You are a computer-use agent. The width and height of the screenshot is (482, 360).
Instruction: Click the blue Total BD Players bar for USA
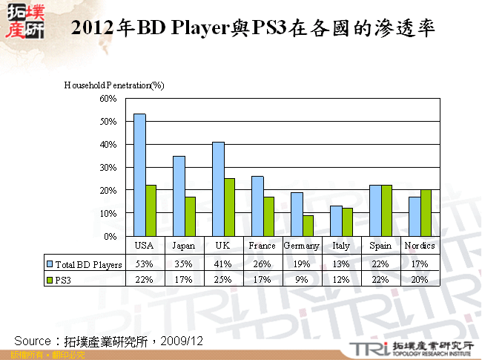139,175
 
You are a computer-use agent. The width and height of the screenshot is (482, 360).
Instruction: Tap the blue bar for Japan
179,196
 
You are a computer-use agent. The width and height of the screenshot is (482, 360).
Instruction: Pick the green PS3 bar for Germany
308,226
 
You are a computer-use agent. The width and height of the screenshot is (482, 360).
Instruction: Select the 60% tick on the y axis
108,98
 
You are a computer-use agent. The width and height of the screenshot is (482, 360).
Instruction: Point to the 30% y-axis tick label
108,167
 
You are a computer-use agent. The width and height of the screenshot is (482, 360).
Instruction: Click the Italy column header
341,246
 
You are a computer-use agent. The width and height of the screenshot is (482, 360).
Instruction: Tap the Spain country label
380,246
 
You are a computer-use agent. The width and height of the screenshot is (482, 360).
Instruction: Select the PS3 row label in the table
65,280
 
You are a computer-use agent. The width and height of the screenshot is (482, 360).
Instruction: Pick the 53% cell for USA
145,264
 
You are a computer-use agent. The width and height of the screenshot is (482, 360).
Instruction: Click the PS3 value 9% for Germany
302,280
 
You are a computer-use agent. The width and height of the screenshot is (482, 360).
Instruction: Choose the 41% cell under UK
223,264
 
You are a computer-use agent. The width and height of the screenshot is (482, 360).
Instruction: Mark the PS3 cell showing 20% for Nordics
420,280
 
